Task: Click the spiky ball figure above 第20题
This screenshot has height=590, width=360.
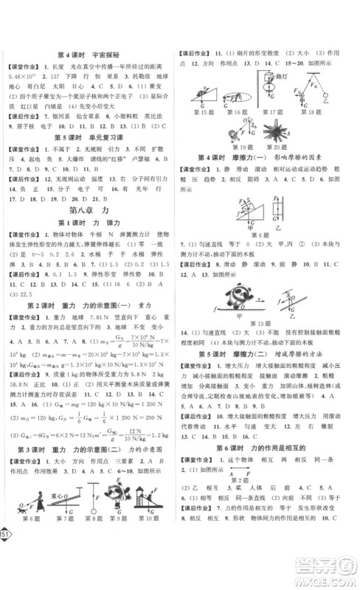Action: click(x=262, y=136)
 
